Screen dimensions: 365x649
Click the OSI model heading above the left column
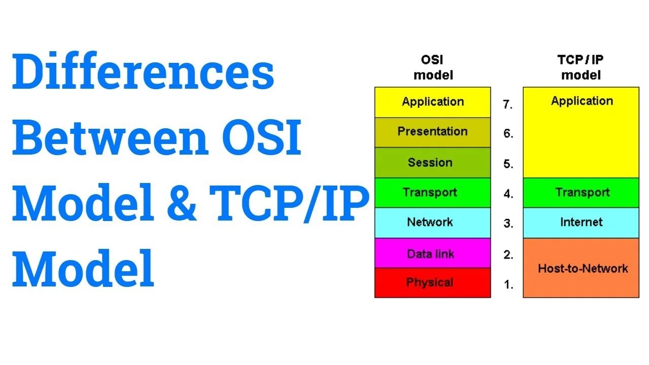pos(432,67)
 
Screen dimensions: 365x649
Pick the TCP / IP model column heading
pos(581,67)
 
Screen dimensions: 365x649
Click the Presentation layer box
pos(432,132)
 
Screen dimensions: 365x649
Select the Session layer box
pos(432,163)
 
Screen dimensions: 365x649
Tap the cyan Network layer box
pos(432,223)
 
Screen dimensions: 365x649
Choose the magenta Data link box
pos(432,253)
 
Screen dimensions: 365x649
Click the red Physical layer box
pos(432,282)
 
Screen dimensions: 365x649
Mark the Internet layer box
pos(581,223)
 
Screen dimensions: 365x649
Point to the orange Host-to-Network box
pos(581,268)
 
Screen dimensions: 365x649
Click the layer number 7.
pos(508,105)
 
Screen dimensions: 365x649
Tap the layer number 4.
pos(508,194)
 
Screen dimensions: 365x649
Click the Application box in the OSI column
pos(432,102)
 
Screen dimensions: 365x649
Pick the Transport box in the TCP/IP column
pos(581,193)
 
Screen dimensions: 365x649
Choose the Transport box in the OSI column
pos(432,193)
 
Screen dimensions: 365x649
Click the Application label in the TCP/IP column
pos(582,101)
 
